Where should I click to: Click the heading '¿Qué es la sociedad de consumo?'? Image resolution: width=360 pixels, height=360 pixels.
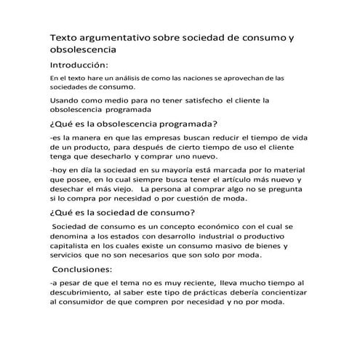[x=122, y=212]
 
